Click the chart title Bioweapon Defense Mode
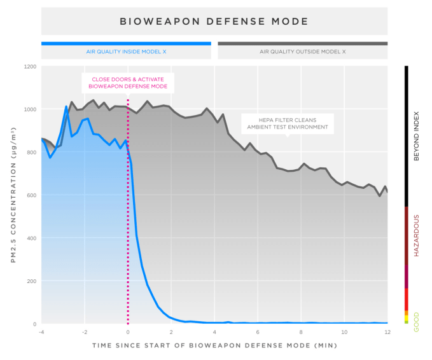(x=214, y=22)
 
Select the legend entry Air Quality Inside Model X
(x=126, y=52)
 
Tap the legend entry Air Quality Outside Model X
(x=303, y=52)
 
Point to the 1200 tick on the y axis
(x=29, y=66)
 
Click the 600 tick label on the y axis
(x=31, y=195)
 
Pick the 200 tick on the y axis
(x=31, y=281)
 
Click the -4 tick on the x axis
(x=41, y=332)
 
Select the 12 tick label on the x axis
(x=387, y=332)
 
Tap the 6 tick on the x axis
(x=258, y=332)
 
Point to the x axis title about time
(x=214, y=345)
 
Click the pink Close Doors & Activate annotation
(x=128, y=83)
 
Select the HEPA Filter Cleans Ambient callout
(x=288, y=123)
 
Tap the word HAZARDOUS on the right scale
(x=417, y=235)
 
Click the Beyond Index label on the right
(x=417, y=137)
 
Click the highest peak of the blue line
(x=66, y=106)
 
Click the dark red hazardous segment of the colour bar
(x=407, y=235)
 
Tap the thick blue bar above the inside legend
(x=126, y=43)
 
